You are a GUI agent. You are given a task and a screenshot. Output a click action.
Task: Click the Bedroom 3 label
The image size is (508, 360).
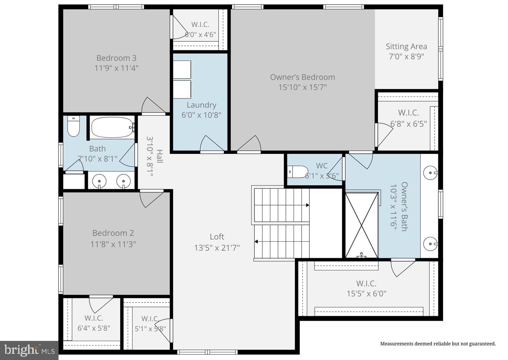(116, 58)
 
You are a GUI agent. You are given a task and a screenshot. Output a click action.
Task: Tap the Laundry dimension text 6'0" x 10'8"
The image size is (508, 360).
(201, 115)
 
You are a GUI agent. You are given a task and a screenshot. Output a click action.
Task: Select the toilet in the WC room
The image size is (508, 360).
(297, 172)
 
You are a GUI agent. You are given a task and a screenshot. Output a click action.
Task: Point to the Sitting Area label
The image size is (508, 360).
(406, 47)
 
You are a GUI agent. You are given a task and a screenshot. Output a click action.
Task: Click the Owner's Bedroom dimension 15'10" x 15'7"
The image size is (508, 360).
(303, 87)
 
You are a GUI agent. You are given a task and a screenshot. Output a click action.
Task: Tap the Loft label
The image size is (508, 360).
(217, 236)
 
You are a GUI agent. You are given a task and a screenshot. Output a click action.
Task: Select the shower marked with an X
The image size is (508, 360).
(362, 225)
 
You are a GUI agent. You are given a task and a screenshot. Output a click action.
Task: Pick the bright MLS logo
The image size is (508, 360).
(29, 350)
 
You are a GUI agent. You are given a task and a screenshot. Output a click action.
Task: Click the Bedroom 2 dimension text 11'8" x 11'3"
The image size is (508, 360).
(113, 244)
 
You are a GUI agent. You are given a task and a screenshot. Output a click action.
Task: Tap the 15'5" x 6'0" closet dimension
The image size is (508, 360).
(366, 294)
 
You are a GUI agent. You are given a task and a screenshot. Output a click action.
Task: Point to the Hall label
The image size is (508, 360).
(160, 156)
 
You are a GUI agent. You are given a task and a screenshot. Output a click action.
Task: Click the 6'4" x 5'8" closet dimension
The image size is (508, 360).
(94, 328)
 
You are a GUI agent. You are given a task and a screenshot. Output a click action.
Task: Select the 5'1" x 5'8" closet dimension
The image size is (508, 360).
(150, 329)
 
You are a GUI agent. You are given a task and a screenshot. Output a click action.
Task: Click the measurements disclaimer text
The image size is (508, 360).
(438, 344)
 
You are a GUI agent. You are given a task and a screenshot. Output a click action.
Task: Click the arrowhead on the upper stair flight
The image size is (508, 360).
(308, 205)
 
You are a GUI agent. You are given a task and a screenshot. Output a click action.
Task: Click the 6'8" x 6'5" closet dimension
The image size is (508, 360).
(409, 124)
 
